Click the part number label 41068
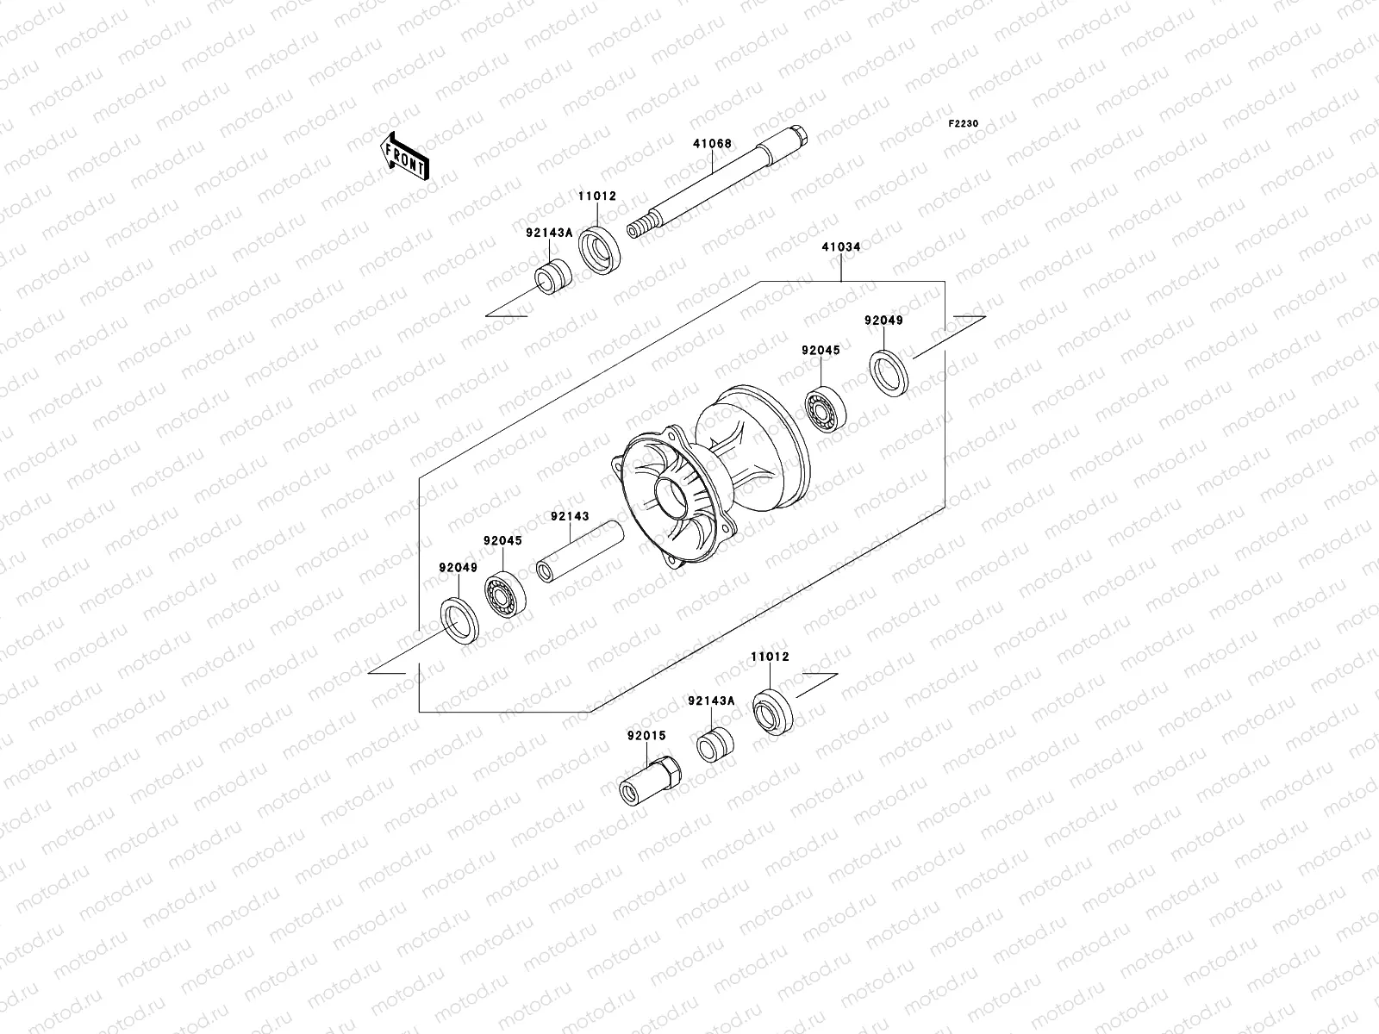tap(713, 145)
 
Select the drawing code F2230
tap(964, 124)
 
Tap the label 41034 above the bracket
tap(840, 247)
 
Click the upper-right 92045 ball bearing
tap(825, 412)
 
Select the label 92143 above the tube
tap(570, 517)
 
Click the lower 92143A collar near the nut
tap(714, 745)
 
